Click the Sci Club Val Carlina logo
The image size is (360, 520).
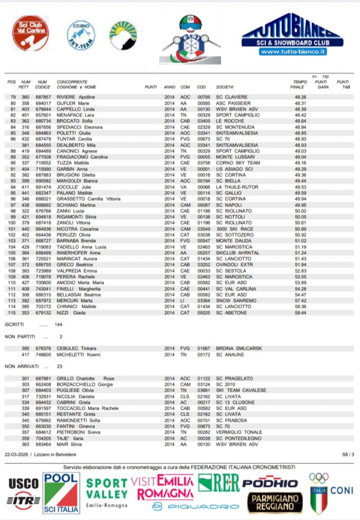click(x=30, y=34)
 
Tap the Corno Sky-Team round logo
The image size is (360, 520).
click(x=81, y=35)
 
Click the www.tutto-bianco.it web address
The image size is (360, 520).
click(x=293, y=52)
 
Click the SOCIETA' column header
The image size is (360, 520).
click(x=225, y=87)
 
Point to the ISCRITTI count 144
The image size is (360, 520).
click(x=58, y=324)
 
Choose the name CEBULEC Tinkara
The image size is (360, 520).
click(x=77, y=348)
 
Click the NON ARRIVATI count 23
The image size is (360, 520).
click(x=59, y=366)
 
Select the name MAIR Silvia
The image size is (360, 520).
click(x=70, y=444)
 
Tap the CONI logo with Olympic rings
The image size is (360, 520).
click(x=330, y=492)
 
